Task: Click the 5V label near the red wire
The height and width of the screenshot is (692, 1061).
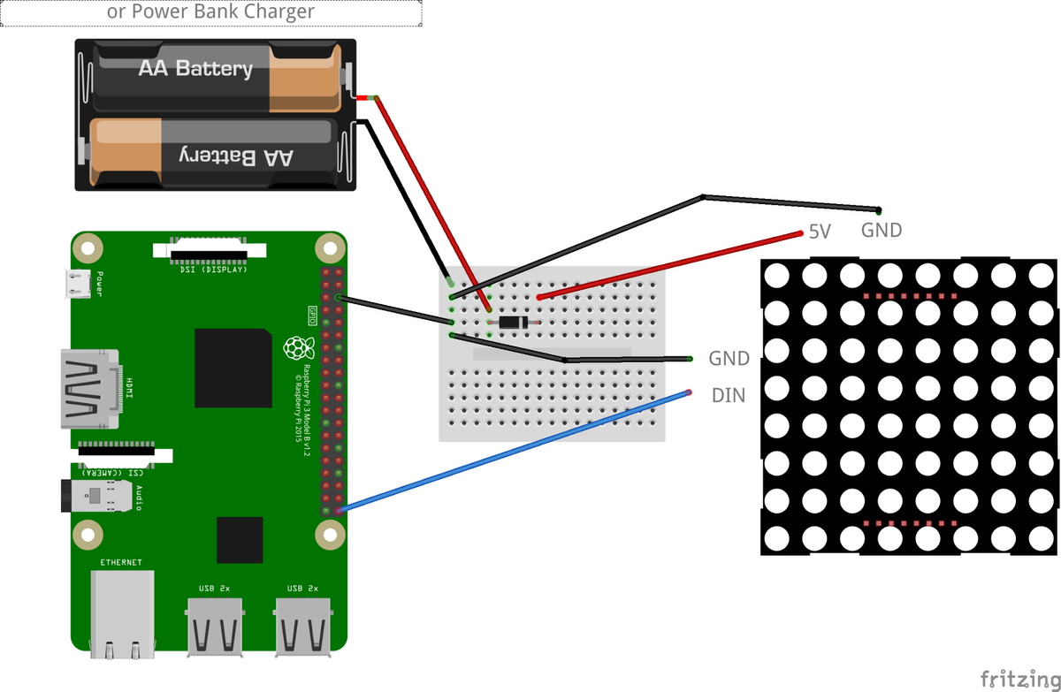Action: tap(820, 232)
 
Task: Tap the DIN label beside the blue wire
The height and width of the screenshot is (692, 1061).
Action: tap(729, 396)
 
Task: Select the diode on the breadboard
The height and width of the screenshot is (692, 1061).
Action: tap(513, 324)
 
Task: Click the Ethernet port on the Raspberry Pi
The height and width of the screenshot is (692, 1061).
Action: tap(123, 612)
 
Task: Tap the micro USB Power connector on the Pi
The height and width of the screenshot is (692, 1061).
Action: tap(78, 283)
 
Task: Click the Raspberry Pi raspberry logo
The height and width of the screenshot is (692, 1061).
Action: tap(294, 347)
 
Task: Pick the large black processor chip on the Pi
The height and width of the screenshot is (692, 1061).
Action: tap(233, 367)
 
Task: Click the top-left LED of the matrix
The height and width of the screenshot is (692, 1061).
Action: tap(776, 275)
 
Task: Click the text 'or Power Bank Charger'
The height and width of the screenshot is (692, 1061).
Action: tap(210, 12)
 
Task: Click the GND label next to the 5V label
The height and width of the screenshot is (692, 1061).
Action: tap(882, 231)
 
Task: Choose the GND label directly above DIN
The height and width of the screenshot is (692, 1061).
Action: tap(729, 359)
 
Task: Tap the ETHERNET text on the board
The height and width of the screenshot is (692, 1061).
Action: tap(121, 562)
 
